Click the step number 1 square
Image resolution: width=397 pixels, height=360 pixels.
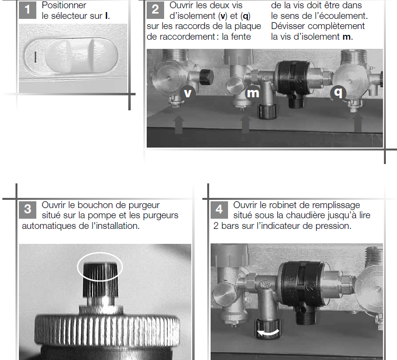(27, 10)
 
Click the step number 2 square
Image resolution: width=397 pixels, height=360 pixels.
(155, 10)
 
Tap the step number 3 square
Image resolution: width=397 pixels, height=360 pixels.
(28, 210)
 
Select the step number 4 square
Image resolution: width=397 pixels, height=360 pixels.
(219, 210)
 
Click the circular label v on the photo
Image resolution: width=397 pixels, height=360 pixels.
(188, 93)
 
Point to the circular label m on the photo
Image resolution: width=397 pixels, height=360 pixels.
(253, 93)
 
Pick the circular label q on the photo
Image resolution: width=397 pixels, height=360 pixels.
(338, 92)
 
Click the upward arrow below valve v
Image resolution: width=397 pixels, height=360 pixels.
(179, 124)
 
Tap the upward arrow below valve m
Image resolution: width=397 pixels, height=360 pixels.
(245, 124)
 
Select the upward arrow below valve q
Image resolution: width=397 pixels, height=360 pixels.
(358, 123)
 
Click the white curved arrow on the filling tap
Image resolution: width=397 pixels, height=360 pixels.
(268, 333)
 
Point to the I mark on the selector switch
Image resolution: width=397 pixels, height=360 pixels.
(35, 57)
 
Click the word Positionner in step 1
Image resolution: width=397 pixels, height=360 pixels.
(64, 5)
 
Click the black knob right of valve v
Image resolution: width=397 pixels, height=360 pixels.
(206, 76)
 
